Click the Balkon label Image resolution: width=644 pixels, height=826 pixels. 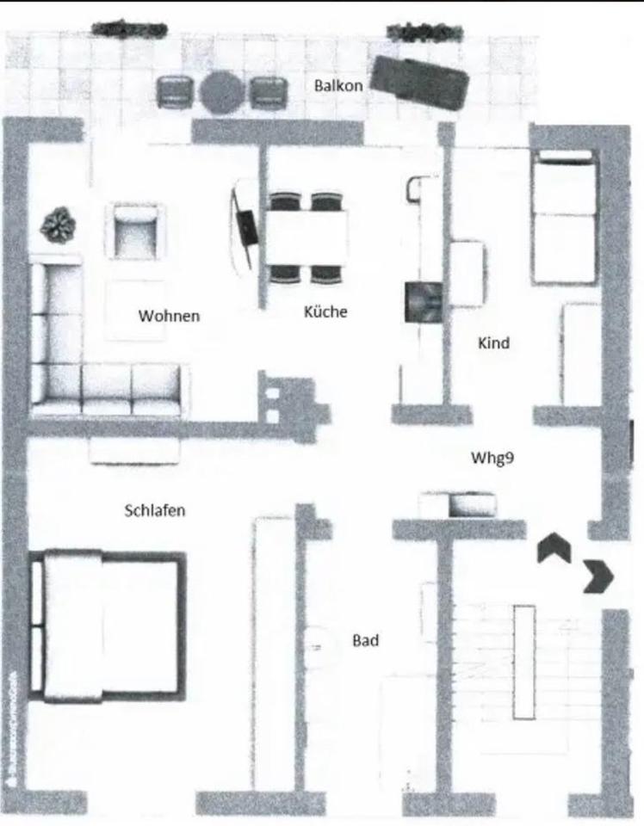338,85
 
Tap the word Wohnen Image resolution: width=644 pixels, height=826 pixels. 169,316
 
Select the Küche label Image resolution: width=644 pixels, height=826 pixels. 325,311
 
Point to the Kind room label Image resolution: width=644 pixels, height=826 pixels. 493,342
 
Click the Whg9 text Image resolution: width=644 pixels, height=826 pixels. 492,457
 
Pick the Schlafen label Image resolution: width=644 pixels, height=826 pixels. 155,509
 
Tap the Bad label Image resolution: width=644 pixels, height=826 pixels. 365,640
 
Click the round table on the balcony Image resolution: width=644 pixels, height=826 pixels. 221,92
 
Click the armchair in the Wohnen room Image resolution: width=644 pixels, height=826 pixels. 136,231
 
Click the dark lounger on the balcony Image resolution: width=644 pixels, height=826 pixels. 419,83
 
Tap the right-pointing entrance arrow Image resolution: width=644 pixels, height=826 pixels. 598,576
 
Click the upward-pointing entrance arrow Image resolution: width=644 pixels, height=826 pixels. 554,548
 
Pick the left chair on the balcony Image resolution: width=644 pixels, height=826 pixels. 176,91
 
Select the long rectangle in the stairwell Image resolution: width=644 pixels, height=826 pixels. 524,661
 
